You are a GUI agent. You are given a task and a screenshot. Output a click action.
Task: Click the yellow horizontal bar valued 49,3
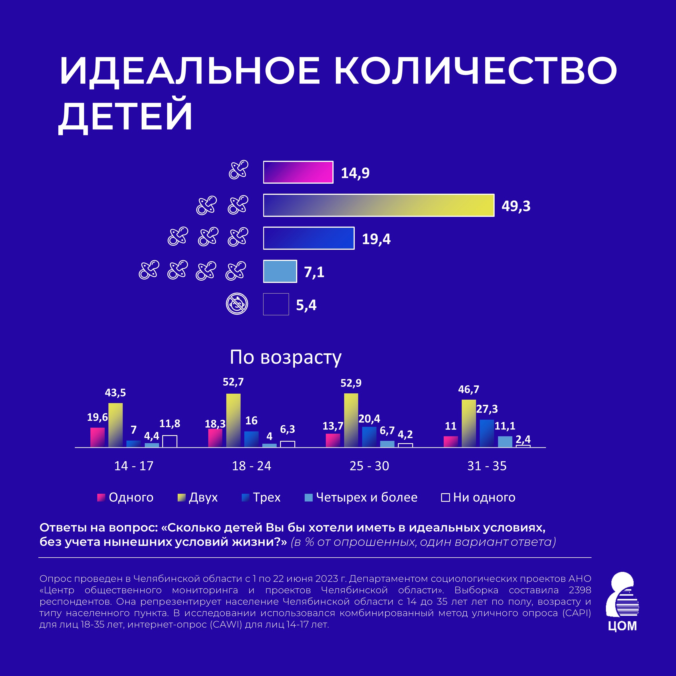point(378,205)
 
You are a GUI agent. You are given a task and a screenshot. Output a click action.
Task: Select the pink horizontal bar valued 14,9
point(298,172)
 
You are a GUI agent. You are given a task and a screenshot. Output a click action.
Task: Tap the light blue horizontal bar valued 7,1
point(280,271)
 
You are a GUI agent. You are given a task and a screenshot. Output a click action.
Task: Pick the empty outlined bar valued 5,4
point(276,304)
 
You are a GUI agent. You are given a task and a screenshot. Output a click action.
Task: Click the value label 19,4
point(376,239)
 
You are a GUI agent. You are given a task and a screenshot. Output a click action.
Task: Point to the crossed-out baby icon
point(237,304)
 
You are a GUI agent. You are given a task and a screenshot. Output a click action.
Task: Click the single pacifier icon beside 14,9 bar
point(239,170)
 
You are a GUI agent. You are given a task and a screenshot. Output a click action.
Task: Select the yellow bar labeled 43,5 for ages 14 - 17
point(116,425)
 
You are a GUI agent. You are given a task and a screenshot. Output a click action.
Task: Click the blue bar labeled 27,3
point(487,433)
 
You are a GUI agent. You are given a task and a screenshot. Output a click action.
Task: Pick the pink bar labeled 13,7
point(333,440)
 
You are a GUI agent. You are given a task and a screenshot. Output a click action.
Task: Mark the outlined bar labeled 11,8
point(170,441)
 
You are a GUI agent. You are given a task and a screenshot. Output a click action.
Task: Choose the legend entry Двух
point(198,497)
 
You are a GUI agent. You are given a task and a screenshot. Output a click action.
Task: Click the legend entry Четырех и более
point(361,497)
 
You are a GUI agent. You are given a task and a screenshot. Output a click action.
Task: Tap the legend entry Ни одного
point(478,497)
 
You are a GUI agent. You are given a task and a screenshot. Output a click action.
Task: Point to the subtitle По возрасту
point(286,357)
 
